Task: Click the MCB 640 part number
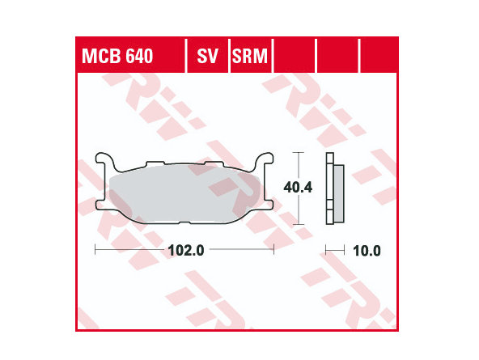click(x=117, y=56)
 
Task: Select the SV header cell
click(x=207, y=56)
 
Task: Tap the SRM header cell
click(x=250, y=56)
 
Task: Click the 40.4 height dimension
click(x=298, y=188)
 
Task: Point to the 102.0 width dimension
click(x=186, y=251)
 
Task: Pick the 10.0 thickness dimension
click(x=367, y=251)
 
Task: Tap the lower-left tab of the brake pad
click(x=101, y=205)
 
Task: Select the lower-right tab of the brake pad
click(x=268, y=205)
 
